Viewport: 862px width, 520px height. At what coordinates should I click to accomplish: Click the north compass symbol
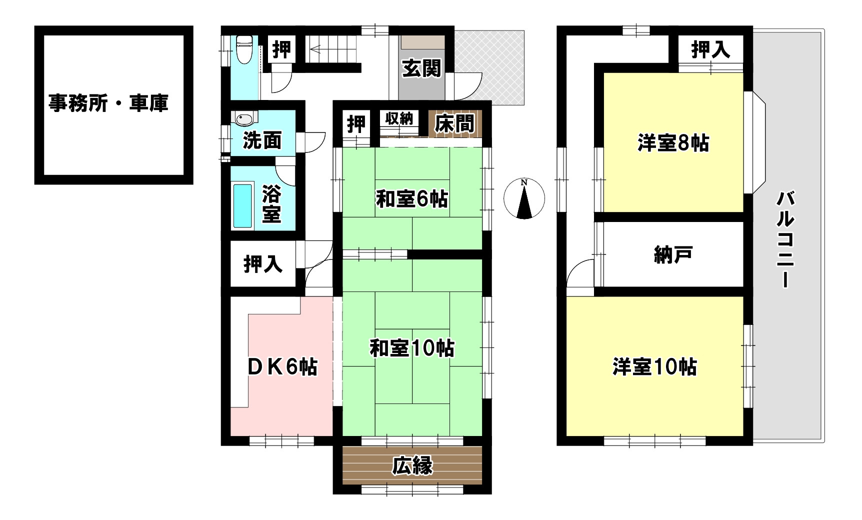coord(524,198)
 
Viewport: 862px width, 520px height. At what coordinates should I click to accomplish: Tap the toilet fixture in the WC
coord(244,49)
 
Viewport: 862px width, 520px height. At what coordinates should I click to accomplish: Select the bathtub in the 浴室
coord(242,206)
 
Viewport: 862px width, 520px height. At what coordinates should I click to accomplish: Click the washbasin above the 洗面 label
coord(244,119)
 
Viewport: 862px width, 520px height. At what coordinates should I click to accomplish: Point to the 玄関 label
coord(421,68)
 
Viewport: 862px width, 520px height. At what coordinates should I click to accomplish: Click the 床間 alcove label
coord(454,124)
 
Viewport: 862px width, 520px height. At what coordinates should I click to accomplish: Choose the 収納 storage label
coord(399,119)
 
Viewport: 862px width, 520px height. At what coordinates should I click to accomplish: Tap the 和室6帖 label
coord(412,199)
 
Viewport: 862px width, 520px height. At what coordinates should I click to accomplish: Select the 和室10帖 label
coord(412,348)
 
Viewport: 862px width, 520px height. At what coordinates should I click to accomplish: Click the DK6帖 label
coord(283,367)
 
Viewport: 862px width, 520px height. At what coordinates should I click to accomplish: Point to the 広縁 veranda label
coord(412,466)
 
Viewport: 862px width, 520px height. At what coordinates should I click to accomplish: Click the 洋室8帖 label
coord(673,143)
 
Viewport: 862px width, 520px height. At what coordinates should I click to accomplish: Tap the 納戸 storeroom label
coord(673,255)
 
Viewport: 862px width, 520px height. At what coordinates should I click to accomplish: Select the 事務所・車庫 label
coord(108,103)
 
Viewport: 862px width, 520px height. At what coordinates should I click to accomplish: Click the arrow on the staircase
coord(316,49)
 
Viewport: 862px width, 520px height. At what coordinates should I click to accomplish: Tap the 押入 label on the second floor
coord(710,49)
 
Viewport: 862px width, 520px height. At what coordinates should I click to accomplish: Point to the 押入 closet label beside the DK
coord(263,264)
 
